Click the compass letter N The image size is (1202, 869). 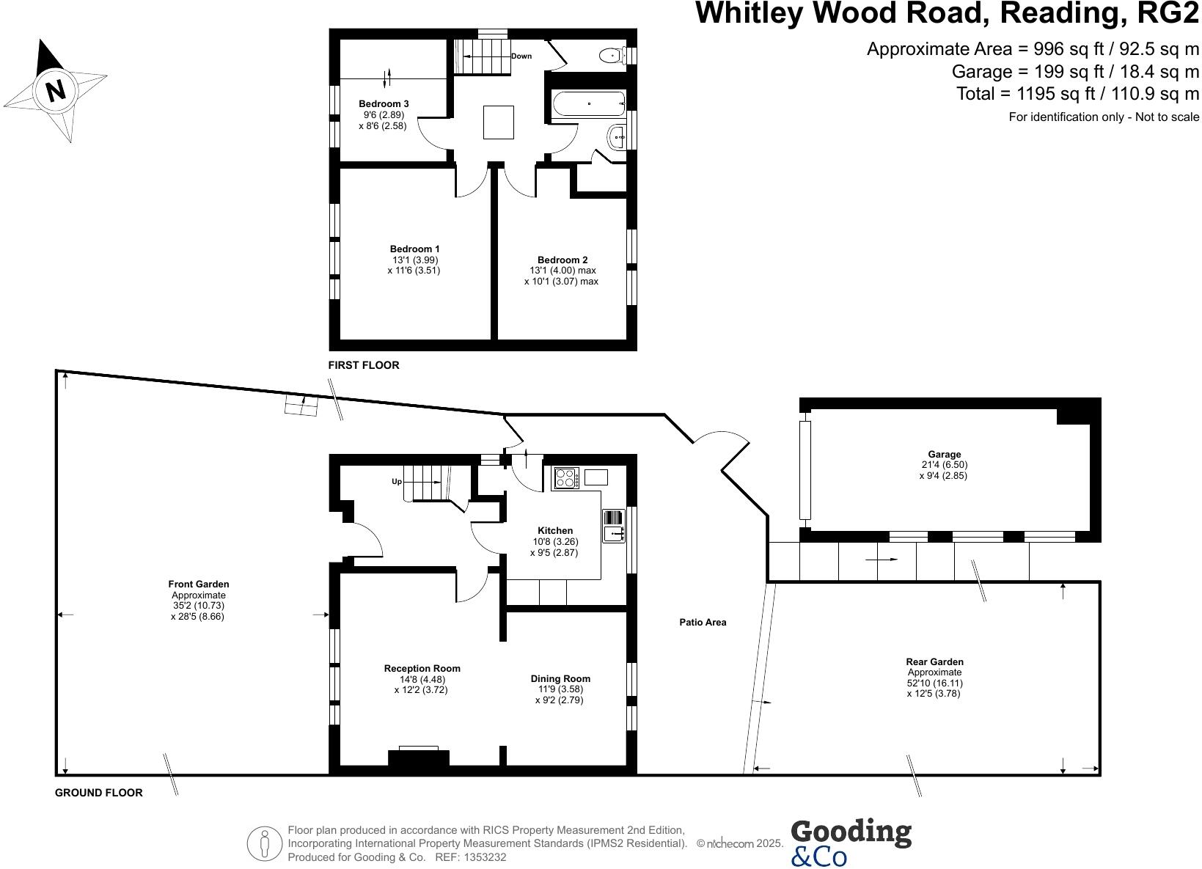pyautogui.click(x=56, y=90)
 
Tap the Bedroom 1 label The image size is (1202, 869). pyautogui.click(x=415, y=249)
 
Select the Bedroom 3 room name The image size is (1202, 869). pyautogui.click(x=384, y=103)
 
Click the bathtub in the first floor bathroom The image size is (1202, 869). pyautogui.click(x=588, y=104)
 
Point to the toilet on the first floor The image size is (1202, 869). pyautogui.click(x=609, y=55)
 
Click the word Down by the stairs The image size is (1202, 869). pyautogui.click(x=521, y=56)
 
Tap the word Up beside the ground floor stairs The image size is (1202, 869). pyautogui.click(x=397, y=482)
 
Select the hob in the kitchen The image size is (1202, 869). pyautogui.click(x=565, y=478)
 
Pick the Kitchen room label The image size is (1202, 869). pyautogui.click(x=555, y=530)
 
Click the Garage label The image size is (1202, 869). pyautogui.click(x=944, y=455)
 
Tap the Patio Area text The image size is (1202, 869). pyautogui.click(x=703, y=623)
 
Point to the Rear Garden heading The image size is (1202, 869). pyautogui.click(x=934, y=661)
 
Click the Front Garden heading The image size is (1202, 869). pyautogui.click(x=198, y=584)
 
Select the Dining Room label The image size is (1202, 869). pyautogui.click(x=560, y=679)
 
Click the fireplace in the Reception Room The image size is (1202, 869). pyautogui.click(x=419, y=758)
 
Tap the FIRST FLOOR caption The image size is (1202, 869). pyautogui.click(x=364, y=365)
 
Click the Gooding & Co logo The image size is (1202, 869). pyautogui.click(x=851, y=843)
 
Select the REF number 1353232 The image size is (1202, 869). pyautogui.click(x=482, y=857)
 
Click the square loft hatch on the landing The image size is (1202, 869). pyautogui.click(x=499, y=122)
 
